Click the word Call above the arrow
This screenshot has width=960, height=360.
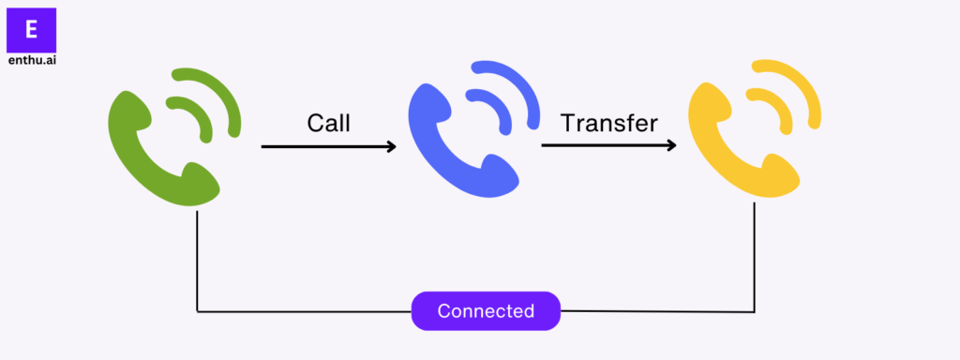(x=328, y=123)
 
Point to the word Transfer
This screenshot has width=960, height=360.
(x=609, y=123)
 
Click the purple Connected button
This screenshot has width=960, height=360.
(x=486, y=311)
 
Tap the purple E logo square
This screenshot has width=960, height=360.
(x=31, y=30)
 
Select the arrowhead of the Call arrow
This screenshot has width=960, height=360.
(x=389, y=146)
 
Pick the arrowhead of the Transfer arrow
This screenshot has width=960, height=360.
(x=669, y=146)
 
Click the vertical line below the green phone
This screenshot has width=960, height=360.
(x=197, y=262)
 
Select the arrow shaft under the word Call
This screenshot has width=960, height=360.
(x=319, y=146)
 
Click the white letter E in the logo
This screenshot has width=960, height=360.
(x=31, y=29)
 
